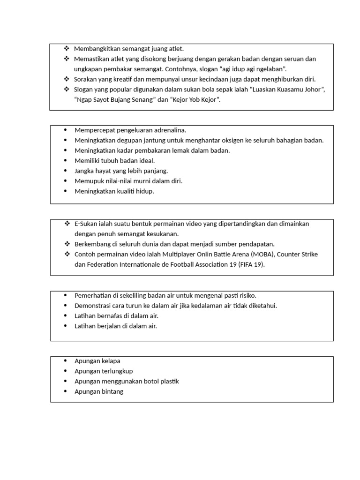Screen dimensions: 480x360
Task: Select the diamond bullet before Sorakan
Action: click(66, 79)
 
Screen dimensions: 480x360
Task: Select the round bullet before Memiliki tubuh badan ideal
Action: click(65, 161)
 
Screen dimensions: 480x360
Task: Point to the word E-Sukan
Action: click(86, 224)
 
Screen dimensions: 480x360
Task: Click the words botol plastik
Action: click(162, 382)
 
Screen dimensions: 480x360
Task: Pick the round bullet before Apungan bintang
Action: click(65, 392)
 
